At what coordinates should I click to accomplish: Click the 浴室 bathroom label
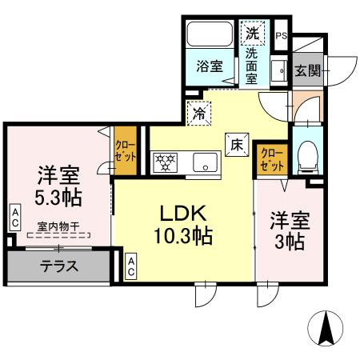(x=211, y=66)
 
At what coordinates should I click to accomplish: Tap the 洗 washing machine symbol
(x=252, y=34)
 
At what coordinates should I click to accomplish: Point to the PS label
(x=281, y=36)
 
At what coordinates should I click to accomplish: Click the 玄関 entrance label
(x=306, y=70)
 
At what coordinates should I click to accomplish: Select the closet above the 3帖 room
(x=270, y=157)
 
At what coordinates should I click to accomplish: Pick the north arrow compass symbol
(x=326, y=328)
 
